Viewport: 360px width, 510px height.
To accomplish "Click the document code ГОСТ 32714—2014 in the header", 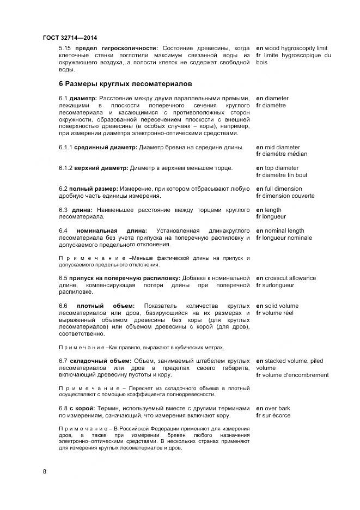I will coord(70,37).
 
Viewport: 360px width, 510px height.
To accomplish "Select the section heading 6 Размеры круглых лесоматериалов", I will coord(124,84).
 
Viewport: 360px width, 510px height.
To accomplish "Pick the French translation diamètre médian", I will coord(285,154).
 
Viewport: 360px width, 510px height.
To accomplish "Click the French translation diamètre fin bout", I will coord(285,175).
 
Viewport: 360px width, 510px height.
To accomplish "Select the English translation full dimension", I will coord(282,189).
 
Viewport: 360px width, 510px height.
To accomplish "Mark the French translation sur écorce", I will coord(277,415).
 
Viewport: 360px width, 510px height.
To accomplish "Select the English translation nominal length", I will coord(284,230).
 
